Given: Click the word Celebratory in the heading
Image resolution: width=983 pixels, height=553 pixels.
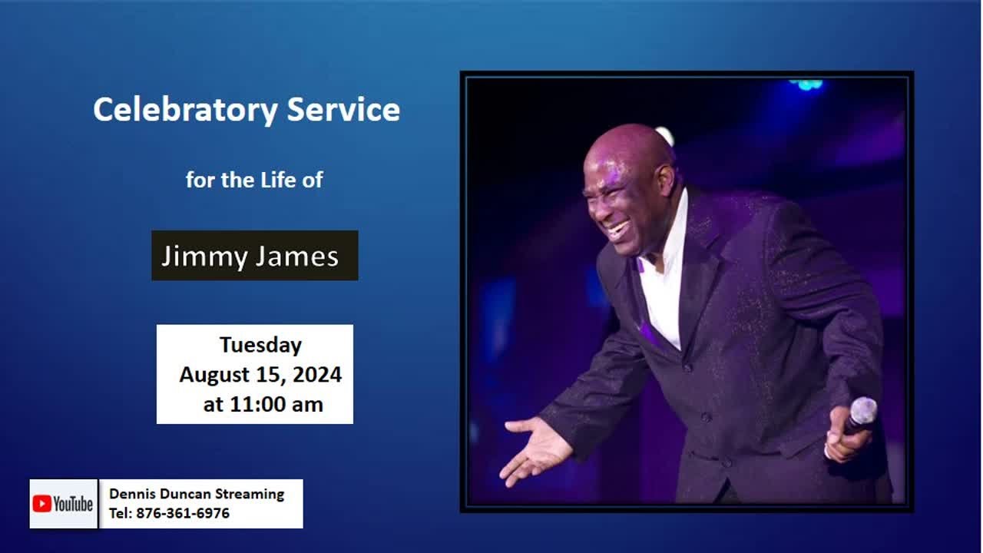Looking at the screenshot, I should click(185, 110).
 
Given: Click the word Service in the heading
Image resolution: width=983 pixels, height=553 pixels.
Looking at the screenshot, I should click(343, 110).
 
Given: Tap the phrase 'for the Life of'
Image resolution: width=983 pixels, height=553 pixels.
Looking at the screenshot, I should click(254, 180).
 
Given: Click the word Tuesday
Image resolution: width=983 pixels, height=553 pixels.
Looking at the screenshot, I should click(260, 345).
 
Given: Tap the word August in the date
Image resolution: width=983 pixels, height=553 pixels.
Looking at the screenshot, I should click(213, 375).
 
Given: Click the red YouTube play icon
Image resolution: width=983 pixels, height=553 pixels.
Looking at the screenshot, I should click(41, 504).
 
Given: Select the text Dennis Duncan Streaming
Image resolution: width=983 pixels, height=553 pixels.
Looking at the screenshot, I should click(197, 494).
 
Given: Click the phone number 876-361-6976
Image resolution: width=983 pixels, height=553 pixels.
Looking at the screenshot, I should click(183, 513).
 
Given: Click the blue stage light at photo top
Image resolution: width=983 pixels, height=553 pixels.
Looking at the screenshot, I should click(806, 84).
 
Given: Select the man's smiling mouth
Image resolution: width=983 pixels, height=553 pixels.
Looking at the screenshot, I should click(618, 229).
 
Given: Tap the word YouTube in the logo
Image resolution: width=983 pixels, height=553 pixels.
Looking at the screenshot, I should click(73, 504).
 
